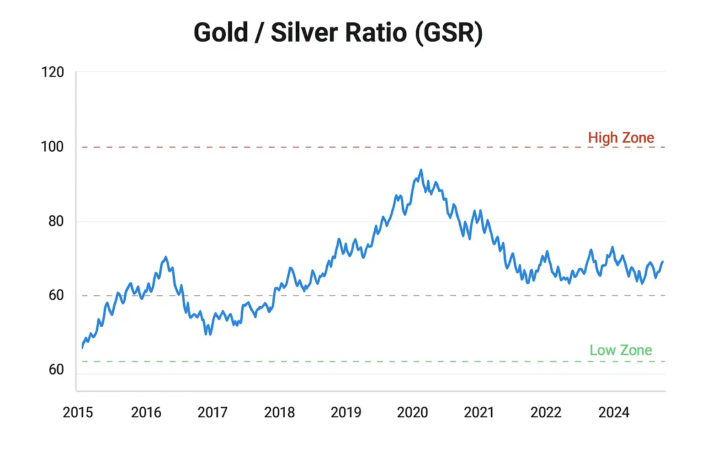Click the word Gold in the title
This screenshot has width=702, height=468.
point(221,32)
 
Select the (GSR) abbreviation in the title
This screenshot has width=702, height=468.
point(448,33)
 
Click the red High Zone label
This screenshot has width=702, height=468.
point(621,138)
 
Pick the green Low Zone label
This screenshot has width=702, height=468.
point(621,350)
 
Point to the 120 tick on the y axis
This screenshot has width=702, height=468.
point(53,72)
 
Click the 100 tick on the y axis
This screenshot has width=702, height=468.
point(53,147)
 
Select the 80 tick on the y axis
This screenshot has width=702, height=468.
point(56,221)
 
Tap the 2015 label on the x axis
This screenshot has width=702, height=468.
point(78,412)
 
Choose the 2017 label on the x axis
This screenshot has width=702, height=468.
point(213,412)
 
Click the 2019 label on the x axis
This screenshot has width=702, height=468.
point(346,412)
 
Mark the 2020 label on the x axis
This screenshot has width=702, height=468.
point(412,412)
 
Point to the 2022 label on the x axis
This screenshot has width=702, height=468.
point(546,412)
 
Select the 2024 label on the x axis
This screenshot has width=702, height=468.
point(614,412)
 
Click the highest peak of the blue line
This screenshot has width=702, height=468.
point(421,170)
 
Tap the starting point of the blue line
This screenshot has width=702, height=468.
point(82,348)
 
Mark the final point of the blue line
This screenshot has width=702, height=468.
point(663,262)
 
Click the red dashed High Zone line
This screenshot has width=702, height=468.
point(320,147)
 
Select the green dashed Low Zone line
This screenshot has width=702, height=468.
point(320,362)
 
